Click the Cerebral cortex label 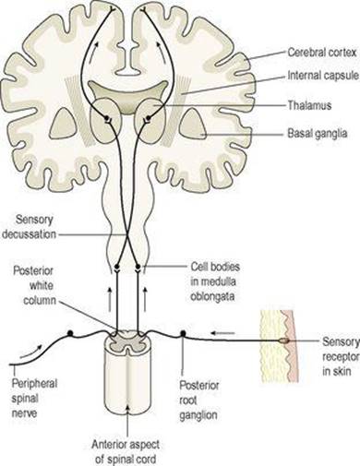(322, 53)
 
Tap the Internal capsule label (323, 76)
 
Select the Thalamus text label (309, 105)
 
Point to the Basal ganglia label (318, 134)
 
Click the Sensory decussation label (30, 227)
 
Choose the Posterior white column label (34, 286)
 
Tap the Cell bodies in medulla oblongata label (215, 281)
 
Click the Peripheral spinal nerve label (34, 399)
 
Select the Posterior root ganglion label (199, 400)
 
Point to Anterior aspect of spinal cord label (126, 452)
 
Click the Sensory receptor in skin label (341, 356)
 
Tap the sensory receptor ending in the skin (284, 341)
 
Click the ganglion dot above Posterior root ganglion (183, 333)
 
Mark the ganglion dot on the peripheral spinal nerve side (70, 333)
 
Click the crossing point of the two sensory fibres (126, 234)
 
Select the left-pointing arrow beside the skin (222, 333)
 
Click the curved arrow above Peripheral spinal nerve (30, 352)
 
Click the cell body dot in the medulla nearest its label (138, 266)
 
